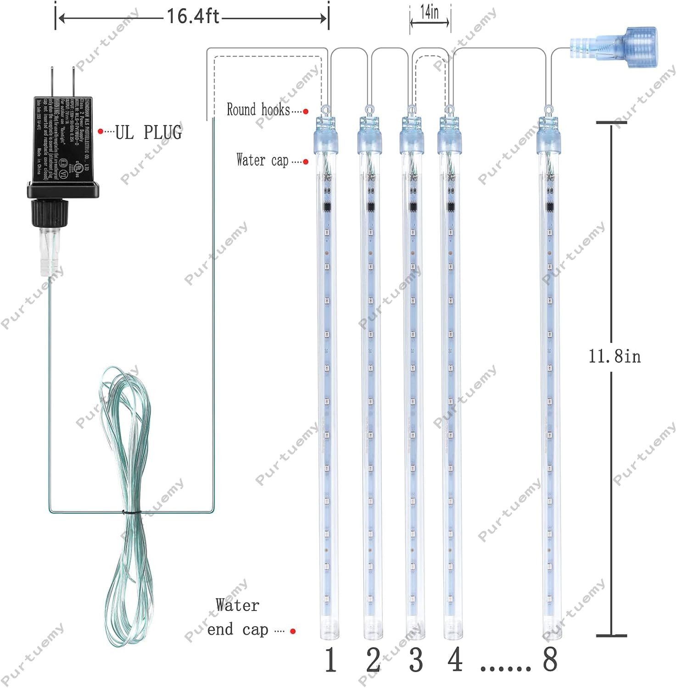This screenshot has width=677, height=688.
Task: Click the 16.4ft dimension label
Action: [192, 17]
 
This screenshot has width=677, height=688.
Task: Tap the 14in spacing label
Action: [429, 12]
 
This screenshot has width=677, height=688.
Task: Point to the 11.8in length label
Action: [615, 356]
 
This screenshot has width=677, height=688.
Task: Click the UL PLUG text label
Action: [148, 133]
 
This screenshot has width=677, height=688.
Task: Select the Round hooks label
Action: [258, 110]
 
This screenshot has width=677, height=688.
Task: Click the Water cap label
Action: [262, 160]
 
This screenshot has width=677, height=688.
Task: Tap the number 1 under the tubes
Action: [330, 660]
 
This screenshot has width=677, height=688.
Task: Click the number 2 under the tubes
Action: [373, 660]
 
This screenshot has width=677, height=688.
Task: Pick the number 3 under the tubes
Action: [415, 660]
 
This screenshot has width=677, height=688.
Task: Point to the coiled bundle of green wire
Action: [124, 505]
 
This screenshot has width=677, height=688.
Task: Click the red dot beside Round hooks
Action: [306, 111]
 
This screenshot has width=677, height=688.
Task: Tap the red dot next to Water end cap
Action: [293, 631]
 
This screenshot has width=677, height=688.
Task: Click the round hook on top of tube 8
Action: [548, 110]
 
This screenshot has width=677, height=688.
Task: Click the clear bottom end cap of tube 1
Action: [330, 628]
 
